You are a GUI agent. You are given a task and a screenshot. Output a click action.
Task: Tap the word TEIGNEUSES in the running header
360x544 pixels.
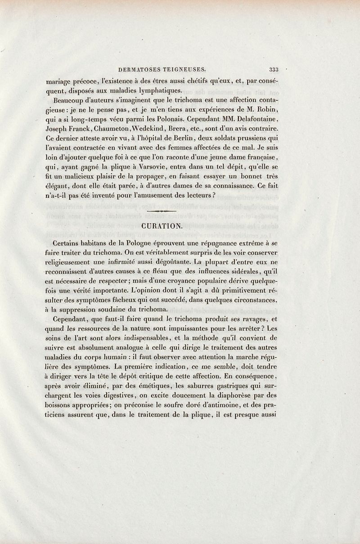click(186, 69)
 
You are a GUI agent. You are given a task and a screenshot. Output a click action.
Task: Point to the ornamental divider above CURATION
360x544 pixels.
click(161, 210)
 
